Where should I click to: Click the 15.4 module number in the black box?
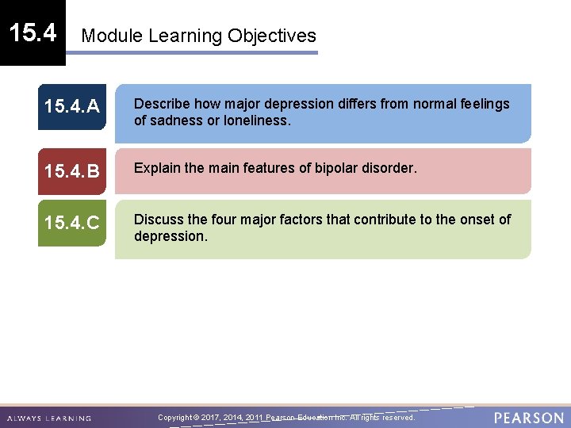tap(33, 32)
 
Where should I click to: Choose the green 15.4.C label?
tap(72, 224)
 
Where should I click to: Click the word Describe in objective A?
tap(161, 104)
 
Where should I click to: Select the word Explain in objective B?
tap(157, 168)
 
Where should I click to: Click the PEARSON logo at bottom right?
tap(529, 418)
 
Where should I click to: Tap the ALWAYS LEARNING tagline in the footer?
tap(48, 418)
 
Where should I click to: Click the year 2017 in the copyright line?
tap(212, 418)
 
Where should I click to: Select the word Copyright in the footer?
tap(175, 418)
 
